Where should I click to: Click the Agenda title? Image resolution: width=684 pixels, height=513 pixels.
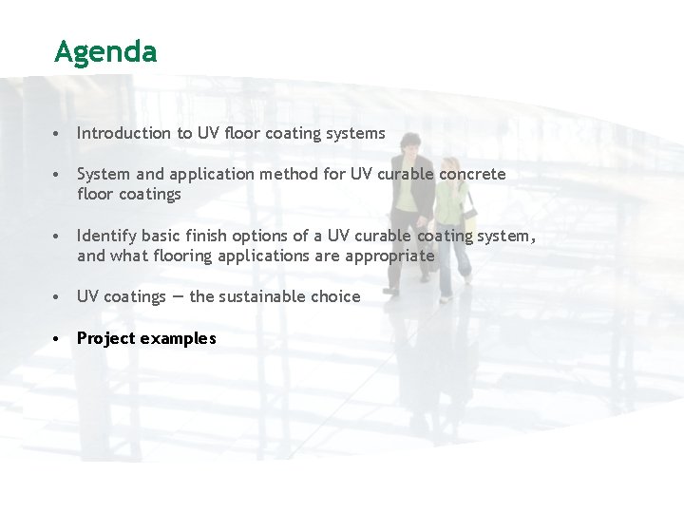(105, 52)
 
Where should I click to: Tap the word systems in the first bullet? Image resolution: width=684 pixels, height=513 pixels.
(355, 133)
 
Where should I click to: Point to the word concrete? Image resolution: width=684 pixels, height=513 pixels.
(472, 174)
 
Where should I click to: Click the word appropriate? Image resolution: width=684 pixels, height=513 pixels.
(389, 256)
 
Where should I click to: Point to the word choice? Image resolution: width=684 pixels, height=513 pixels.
(335, 296)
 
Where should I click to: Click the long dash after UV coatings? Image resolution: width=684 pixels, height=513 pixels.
(178, 296)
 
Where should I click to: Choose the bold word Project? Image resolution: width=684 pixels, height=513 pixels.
(105, 338)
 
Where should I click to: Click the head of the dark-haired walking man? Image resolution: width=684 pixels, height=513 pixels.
(410, 144)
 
